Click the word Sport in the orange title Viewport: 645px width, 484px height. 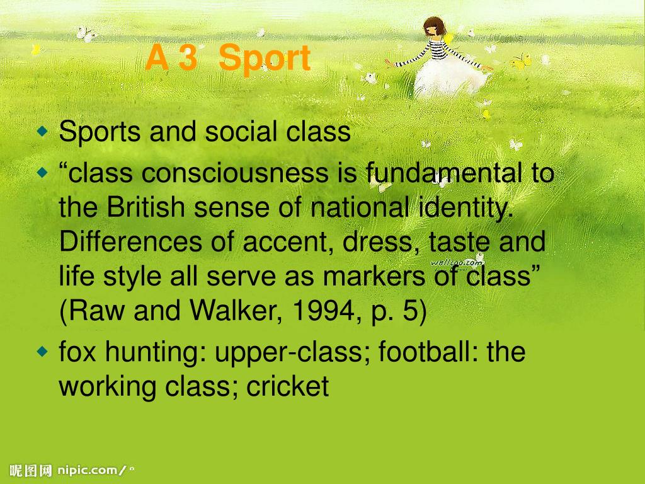coord(264,59)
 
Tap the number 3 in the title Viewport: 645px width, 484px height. coord(188,57)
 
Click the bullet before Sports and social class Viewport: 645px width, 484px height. coord(42,131)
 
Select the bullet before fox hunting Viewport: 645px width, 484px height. coord(42,352)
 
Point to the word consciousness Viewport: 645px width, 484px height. coord(235,173)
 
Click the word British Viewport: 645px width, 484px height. coord(146,207)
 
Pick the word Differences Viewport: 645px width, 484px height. coord(130,241)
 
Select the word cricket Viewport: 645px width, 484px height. coord(287,386)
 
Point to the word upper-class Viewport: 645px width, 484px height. coord(292,353)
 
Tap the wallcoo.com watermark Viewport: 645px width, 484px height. coord(456,262)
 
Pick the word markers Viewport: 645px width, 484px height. coord(374,276)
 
